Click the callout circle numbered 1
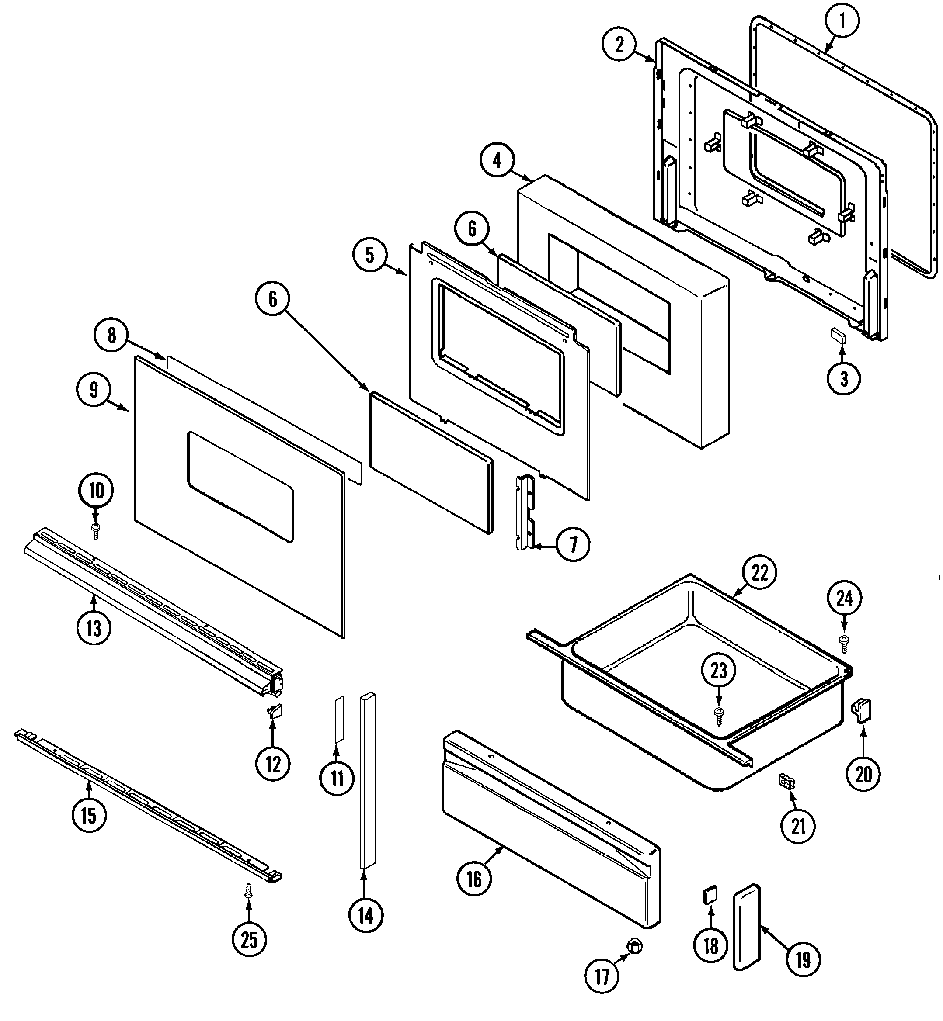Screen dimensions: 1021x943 [842, 21]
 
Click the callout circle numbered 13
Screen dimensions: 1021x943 [94, 628]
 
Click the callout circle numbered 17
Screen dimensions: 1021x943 [602, 976]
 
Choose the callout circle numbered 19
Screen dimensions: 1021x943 [803, 960]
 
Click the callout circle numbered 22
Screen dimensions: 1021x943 [760, 573]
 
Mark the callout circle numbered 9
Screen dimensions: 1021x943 [94, 390]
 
